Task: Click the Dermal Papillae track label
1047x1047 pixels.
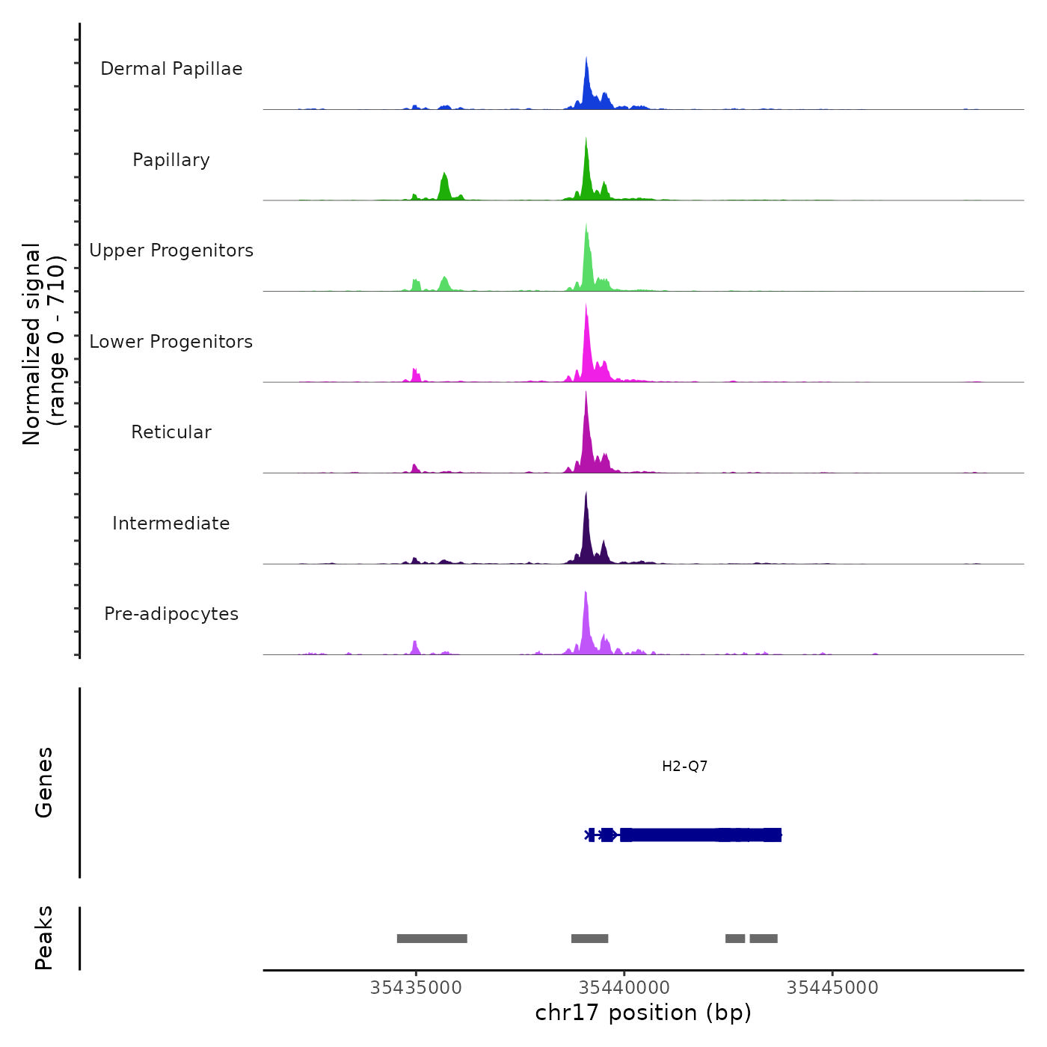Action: (x=171, y=69)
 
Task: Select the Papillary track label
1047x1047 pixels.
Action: (x=171, y=160)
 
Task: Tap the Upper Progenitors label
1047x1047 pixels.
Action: (x=171, y=251)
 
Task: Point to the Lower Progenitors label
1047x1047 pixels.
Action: (x=171, y=342)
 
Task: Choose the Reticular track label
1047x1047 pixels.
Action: (x=171, y=432)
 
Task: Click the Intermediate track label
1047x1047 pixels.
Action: (x=171, y=523)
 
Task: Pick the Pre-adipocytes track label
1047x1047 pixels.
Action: (x=171, y=614)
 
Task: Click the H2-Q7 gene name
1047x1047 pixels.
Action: (x=684, y=767)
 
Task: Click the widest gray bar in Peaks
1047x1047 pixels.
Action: (x=432, y=939)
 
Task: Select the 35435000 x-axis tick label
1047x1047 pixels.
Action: (x=416, y=988)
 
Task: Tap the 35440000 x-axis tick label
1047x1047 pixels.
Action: (x=624, y=988)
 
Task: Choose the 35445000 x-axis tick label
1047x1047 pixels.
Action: (x=832, y=988)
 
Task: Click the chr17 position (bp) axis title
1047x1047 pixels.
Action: (x=643, y=1013)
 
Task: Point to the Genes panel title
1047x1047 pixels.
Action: (x=44, y=782)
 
